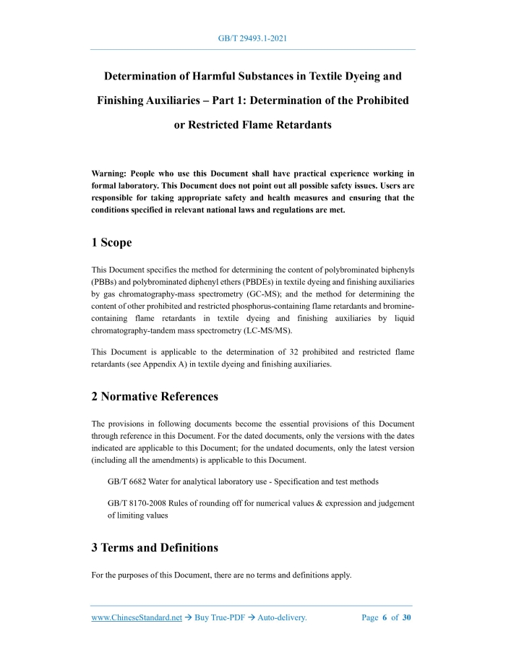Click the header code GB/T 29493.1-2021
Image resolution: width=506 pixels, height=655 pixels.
[x=252, y=38]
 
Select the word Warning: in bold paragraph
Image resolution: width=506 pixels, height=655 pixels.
[x=113, y=174]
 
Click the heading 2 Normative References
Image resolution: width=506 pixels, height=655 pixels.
[x=155, y=396]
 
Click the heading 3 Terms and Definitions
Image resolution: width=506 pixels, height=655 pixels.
[x=155, y=547]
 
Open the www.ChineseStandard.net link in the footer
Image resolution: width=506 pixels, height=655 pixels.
[x=136, y=618]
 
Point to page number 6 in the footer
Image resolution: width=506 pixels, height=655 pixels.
[x=384, y=618]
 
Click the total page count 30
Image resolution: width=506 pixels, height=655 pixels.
[x=406, y=618]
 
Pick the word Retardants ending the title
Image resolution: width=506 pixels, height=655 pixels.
[x=297, y=124]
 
